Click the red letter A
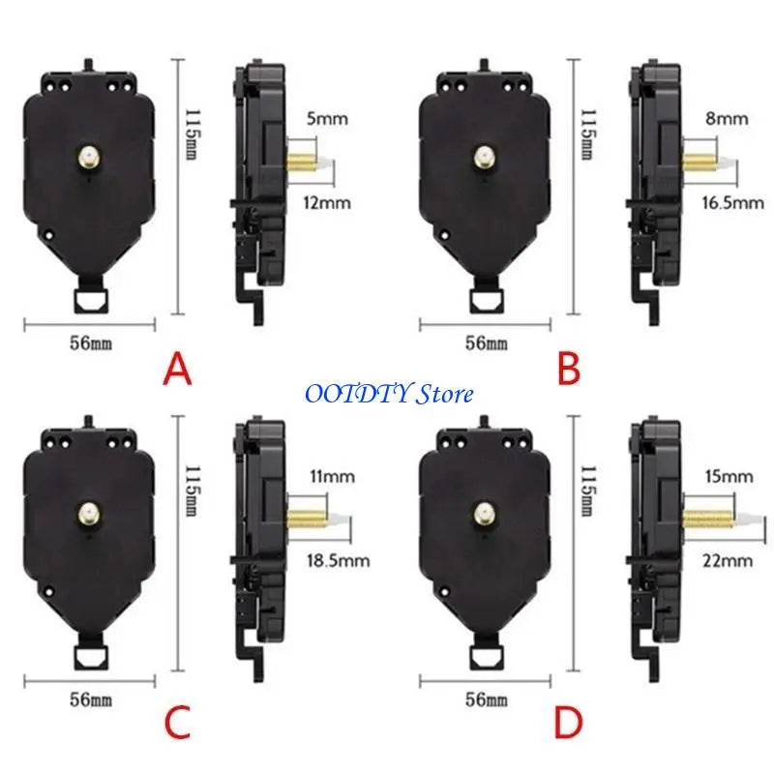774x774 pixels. coord(177,371)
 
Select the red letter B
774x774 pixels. coord(569,371)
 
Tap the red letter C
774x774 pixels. coord(177,722)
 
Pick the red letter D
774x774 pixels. coord(569,722)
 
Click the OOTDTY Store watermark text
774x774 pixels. coord(390,394)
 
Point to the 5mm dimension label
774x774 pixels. coord(327,118)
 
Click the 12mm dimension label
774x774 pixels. coord(327,203)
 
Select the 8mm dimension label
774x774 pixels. coord(727,118)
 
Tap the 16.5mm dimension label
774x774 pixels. coord(733,203)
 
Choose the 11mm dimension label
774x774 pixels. coord(332,476)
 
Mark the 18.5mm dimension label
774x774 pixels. coord(338,561)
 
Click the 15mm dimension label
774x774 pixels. coord(729,476)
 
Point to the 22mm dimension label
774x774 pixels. coord(728,561)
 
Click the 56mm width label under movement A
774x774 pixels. coord(91,343)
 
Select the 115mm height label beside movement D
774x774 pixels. coord(587,491)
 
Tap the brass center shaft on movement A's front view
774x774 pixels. coord(89,158)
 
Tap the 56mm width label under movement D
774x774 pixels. coord(487,700)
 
